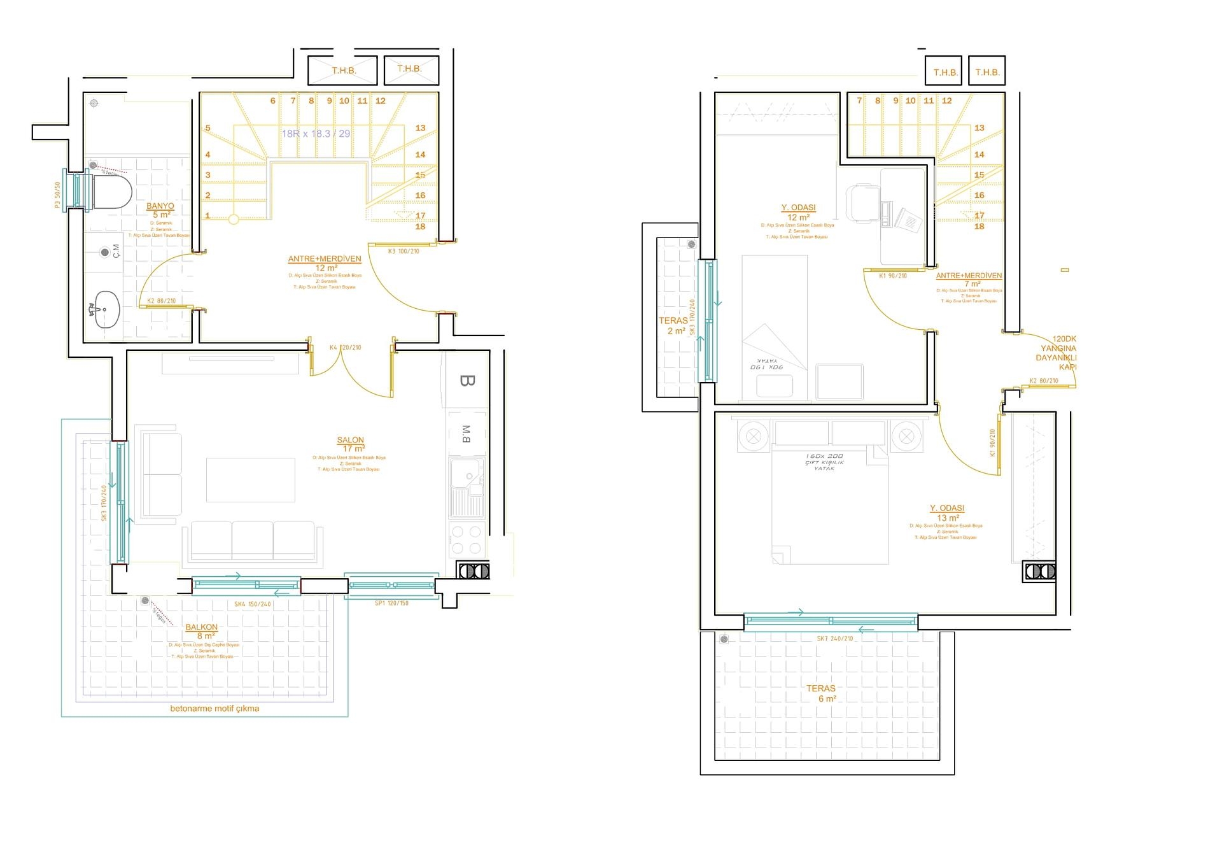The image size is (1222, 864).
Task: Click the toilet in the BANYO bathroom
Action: (x=113, y=192)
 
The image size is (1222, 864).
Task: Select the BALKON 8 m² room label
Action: (x=202, y=631)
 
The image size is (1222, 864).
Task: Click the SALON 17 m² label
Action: (x=351, y=444)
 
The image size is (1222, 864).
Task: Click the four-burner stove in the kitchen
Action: (x=467, y=539)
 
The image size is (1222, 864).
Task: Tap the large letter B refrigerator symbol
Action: (x=467, y=381)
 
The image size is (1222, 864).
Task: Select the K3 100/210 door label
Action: (x=404, y=251)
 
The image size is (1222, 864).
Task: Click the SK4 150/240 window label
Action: (x=252, y=604)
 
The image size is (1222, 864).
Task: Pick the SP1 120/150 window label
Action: (x=391, y=603)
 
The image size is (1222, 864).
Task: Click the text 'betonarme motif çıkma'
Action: (x=214, y=708)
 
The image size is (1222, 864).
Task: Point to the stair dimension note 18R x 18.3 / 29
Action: (x=316, y=134)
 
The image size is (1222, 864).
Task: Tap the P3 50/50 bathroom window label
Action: (x=57, y=195)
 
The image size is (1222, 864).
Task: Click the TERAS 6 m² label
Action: (x=821, y=693)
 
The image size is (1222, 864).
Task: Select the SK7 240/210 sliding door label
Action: (x=834, y=639)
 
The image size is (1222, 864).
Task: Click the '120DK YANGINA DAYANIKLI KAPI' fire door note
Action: (x=1057, y=353)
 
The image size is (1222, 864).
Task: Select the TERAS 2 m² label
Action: (x=673, y=325)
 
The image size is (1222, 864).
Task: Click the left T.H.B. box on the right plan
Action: (x=945, y=72)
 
